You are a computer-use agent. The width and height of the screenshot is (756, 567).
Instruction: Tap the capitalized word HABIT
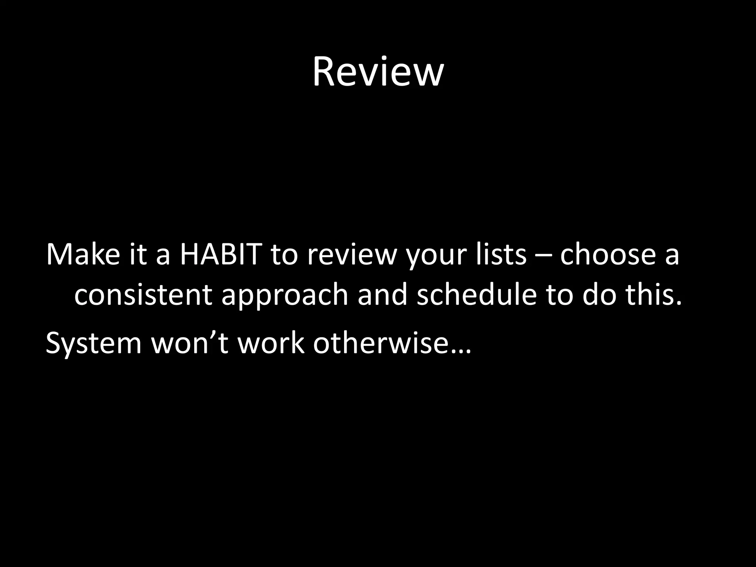(220, 255)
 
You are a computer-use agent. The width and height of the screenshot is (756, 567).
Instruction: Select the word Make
(83, 255)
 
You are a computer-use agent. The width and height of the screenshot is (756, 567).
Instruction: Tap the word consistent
(143, 295)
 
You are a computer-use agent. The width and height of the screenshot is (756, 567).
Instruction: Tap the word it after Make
(137, 255)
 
